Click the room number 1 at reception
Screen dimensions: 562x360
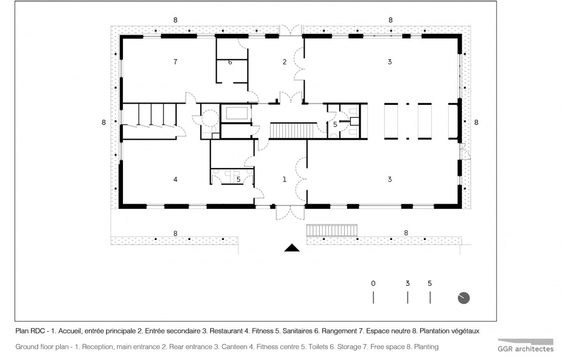click(x=285, y=179)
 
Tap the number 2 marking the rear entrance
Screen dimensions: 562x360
click(x=285, y=62)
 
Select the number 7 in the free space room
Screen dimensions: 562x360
click(x=175, y=61)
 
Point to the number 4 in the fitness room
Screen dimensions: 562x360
click(x=175, y=179)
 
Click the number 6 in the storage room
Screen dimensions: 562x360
click(x=230, y=62)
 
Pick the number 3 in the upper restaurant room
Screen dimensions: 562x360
click(x=390, y=61)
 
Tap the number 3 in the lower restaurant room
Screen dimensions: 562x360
click(x=390, y=179)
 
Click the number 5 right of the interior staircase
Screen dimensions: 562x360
click(x=335, y=125)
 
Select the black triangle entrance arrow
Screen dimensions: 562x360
click(x=292, y=248)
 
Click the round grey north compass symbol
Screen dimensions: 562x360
click(x=464, y=298)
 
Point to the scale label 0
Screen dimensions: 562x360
click(x=373, y=283)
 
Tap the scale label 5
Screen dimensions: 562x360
click(x=430, y=283)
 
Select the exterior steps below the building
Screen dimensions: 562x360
click(x=332, y=230)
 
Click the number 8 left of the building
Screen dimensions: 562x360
click(x=104, y=122)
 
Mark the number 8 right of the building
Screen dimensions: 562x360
click(x=477, y=122)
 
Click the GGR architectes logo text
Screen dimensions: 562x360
click(x=526, y=348)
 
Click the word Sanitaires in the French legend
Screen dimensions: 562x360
click(x=297, y=331)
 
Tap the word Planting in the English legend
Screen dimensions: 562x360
click(x=426, y=347)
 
